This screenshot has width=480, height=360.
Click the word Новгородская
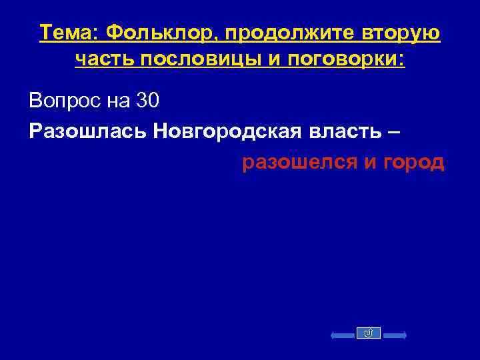[x=223, y=131]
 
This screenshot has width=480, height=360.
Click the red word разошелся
[x=299, y=162]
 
